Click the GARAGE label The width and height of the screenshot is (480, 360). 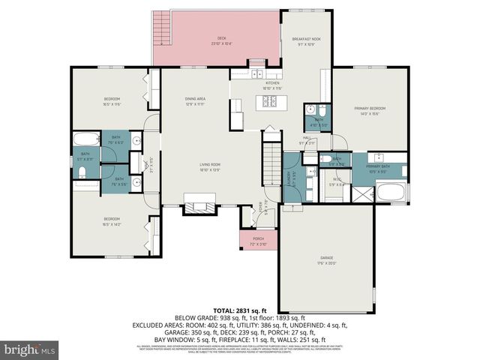[x=325, y=259]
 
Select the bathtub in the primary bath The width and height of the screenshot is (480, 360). [x=389, y=192]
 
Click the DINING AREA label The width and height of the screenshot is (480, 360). [x=196, y=101]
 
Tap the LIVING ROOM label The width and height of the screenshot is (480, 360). [x=199, y=166]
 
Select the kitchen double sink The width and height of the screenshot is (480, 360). [x=258, y=74]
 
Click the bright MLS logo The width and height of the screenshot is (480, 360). [x=29, y=349]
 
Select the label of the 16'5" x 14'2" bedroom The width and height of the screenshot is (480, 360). [x=113, y=220]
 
